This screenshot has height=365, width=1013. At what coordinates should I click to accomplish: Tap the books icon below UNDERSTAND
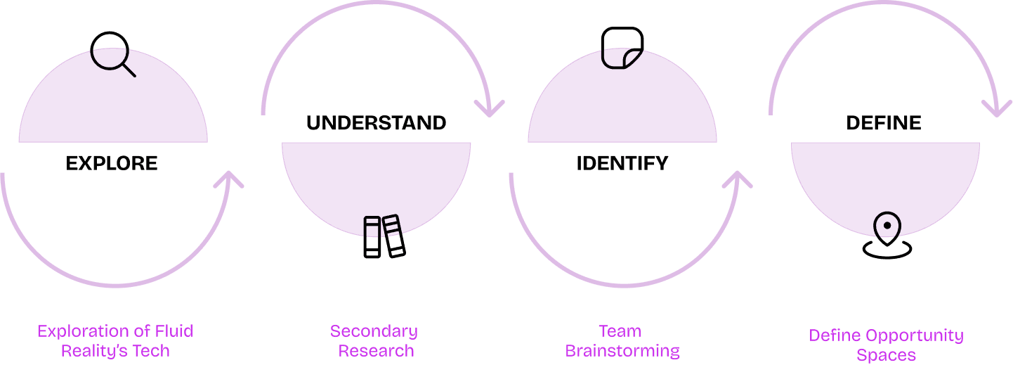pos(384,236)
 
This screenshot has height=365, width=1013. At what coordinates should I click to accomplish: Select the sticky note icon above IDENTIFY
pos(622,48)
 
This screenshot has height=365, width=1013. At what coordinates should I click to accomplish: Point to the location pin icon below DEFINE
pos(887,237)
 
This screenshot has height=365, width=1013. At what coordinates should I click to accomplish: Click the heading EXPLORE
pos(112,164)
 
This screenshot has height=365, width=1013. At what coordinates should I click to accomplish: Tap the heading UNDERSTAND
pos(376,123)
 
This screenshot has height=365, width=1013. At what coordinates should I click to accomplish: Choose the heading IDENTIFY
pos(622,164)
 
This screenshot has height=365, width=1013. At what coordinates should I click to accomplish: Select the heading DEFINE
pos(884,123)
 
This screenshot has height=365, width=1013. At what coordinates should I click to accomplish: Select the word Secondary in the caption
pos(374,331)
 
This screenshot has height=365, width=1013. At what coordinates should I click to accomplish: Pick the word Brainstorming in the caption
pos(622,350)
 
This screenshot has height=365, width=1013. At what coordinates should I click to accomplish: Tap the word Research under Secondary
pos(376,350)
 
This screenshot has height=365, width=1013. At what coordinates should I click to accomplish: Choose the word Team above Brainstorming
pos(620,331)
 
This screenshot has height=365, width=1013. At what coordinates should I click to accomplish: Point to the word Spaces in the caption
pos(886,354)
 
